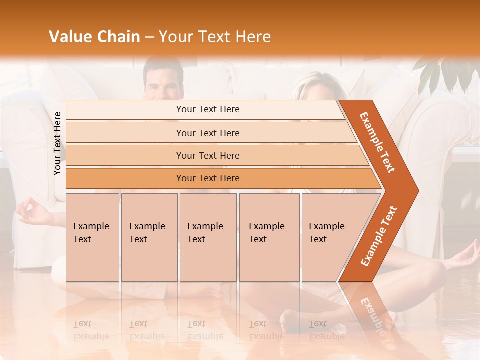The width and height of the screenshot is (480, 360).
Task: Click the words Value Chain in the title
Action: click(x=94, y=37)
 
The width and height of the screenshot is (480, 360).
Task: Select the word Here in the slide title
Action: click(x=253, y=37)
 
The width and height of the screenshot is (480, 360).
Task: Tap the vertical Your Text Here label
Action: click(x=58, y=143)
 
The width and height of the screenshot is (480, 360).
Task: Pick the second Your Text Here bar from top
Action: click(x=208, y=133)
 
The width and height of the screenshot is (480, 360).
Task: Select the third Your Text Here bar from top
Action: click(x=208, y=155)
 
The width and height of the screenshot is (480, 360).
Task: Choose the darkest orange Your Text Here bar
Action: click(x=208, y=178)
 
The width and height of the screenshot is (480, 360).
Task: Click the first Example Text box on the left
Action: click(x=92, y=237)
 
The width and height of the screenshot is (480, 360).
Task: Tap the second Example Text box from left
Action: click(x=149, y=237)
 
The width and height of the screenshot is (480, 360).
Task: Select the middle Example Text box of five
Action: click(x=208, y=237)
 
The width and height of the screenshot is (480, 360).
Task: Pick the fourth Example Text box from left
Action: click(x=269, y=237)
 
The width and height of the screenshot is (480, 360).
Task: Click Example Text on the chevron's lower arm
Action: click(x=379, y=236)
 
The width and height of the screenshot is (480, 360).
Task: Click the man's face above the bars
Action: click(x=163, y=82)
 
